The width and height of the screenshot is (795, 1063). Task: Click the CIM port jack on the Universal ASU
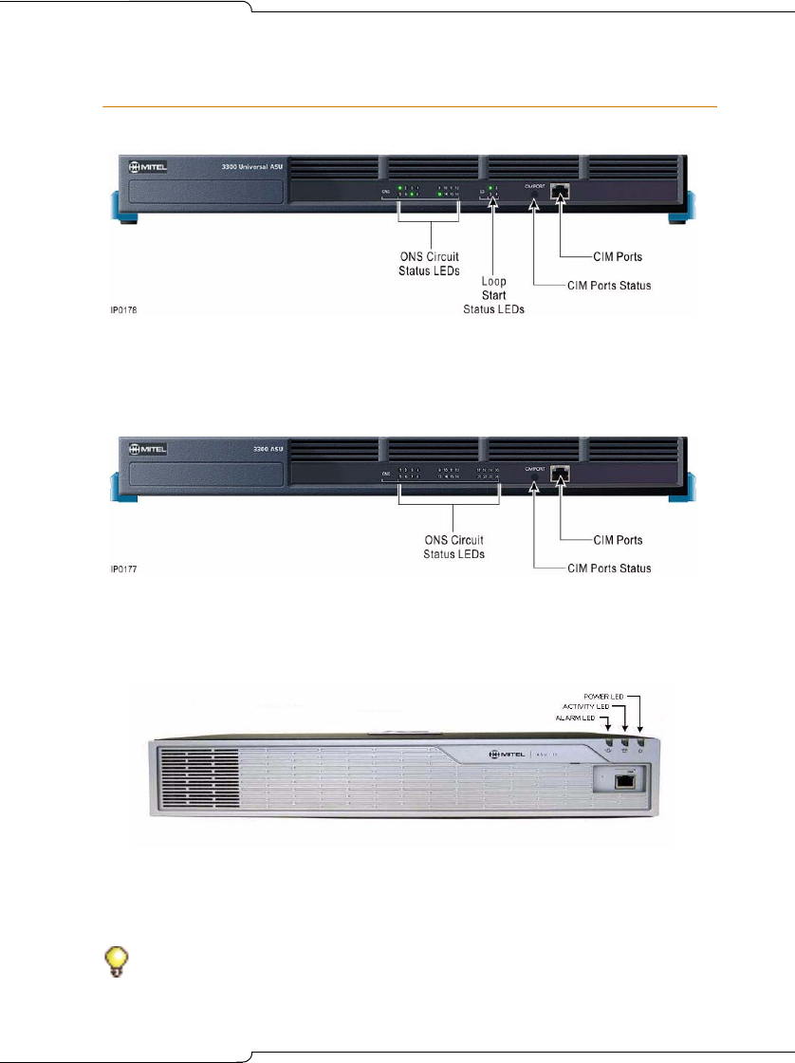tap(561, 192)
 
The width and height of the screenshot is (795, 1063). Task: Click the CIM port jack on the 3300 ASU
tap(561, 472)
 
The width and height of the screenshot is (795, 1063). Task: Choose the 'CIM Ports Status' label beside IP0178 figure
tap(608, 286)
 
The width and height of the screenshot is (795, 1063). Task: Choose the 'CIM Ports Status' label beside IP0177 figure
tap(608, 569)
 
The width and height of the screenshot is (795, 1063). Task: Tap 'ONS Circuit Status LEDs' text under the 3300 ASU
tap(453, 547)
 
